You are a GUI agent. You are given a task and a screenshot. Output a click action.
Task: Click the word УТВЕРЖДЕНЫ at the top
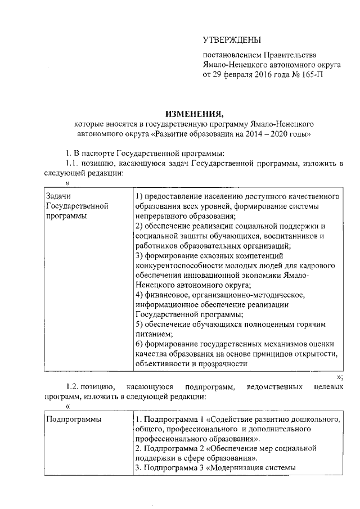click(x=232, y=40)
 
